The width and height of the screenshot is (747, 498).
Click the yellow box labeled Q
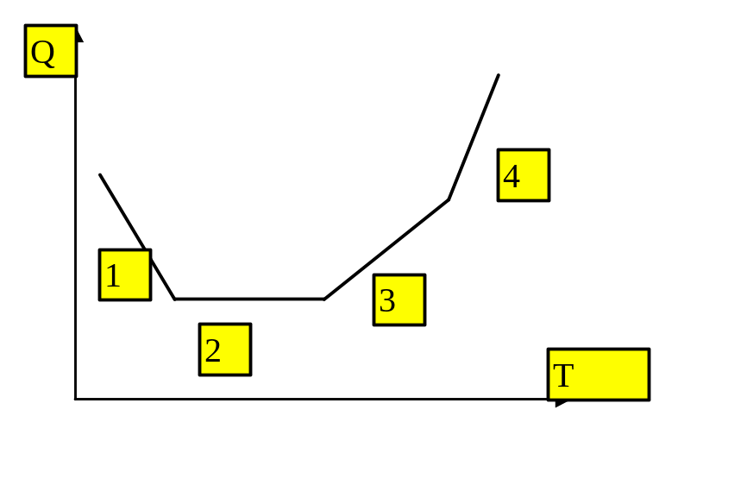[x=51, y=51]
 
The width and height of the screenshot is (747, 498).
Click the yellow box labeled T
[x=599, y=375]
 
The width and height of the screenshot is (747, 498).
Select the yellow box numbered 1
[x=125, y=275]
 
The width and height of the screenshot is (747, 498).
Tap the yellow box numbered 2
[x=225, y=350]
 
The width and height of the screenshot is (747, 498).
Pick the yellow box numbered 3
[x=399, y=299]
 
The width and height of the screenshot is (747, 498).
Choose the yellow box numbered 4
[x=524, y=175]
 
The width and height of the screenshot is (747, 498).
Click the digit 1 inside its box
[x=113, y=276]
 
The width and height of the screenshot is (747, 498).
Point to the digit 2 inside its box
[x=212, y=350]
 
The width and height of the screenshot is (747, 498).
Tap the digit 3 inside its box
[x=387, y=300]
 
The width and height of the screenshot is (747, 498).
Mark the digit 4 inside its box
[x=512, y=176]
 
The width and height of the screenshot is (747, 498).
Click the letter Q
[x=42, y=53]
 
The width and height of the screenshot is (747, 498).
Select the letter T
[x=563, y=375]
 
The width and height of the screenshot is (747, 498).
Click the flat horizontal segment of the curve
[x=249, y=299]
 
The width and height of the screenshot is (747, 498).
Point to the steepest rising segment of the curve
[x=474, y=137]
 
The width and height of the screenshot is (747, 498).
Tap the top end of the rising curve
[x=499, y=75]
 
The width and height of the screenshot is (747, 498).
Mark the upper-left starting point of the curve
[x=100, y=175]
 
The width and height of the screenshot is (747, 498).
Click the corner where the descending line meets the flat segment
[x=175, y=299]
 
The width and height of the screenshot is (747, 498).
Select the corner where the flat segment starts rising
[x=324, y=299]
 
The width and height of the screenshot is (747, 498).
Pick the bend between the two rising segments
[x=449, y=199]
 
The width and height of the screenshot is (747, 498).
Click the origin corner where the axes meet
[x=75, y=399]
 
